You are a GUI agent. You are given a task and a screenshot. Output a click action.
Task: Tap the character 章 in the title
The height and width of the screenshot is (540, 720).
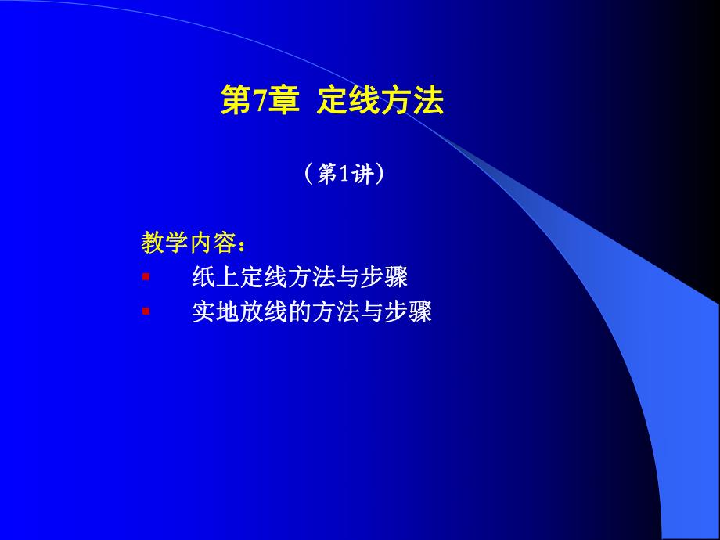click(283, 103)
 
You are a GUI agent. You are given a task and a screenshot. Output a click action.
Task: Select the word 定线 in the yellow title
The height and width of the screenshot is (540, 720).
click(348, 103)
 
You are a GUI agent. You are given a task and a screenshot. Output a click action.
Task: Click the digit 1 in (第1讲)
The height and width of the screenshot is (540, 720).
click(344, 175)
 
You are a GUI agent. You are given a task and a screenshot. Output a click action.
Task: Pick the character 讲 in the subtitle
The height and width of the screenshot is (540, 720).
click(362, 175)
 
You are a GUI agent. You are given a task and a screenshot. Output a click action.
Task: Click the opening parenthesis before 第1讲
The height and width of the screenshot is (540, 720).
click(308, 175)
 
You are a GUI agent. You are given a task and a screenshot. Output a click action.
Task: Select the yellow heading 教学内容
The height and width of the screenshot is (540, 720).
click(188, 243)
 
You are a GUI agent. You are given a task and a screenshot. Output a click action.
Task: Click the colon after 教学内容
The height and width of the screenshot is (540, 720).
click(242, 245)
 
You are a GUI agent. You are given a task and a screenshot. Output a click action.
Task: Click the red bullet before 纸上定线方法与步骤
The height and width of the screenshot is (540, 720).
click(145, 277)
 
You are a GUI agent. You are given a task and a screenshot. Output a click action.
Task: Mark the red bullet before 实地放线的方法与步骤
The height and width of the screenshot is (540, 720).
click(145, 311)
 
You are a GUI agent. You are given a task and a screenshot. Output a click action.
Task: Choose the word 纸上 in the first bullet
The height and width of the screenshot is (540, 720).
click(215, 278)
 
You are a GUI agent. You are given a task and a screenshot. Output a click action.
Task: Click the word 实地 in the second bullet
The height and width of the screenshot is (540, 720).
click(215, 312)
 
